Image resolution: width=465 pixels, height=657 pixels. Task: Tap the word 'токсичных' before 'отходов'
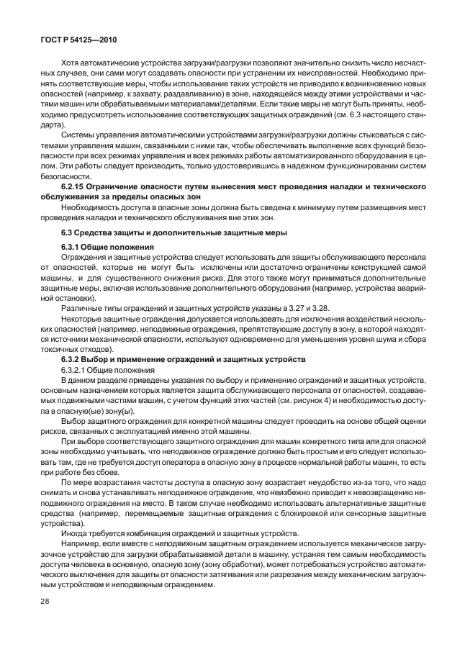(60, 347)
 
